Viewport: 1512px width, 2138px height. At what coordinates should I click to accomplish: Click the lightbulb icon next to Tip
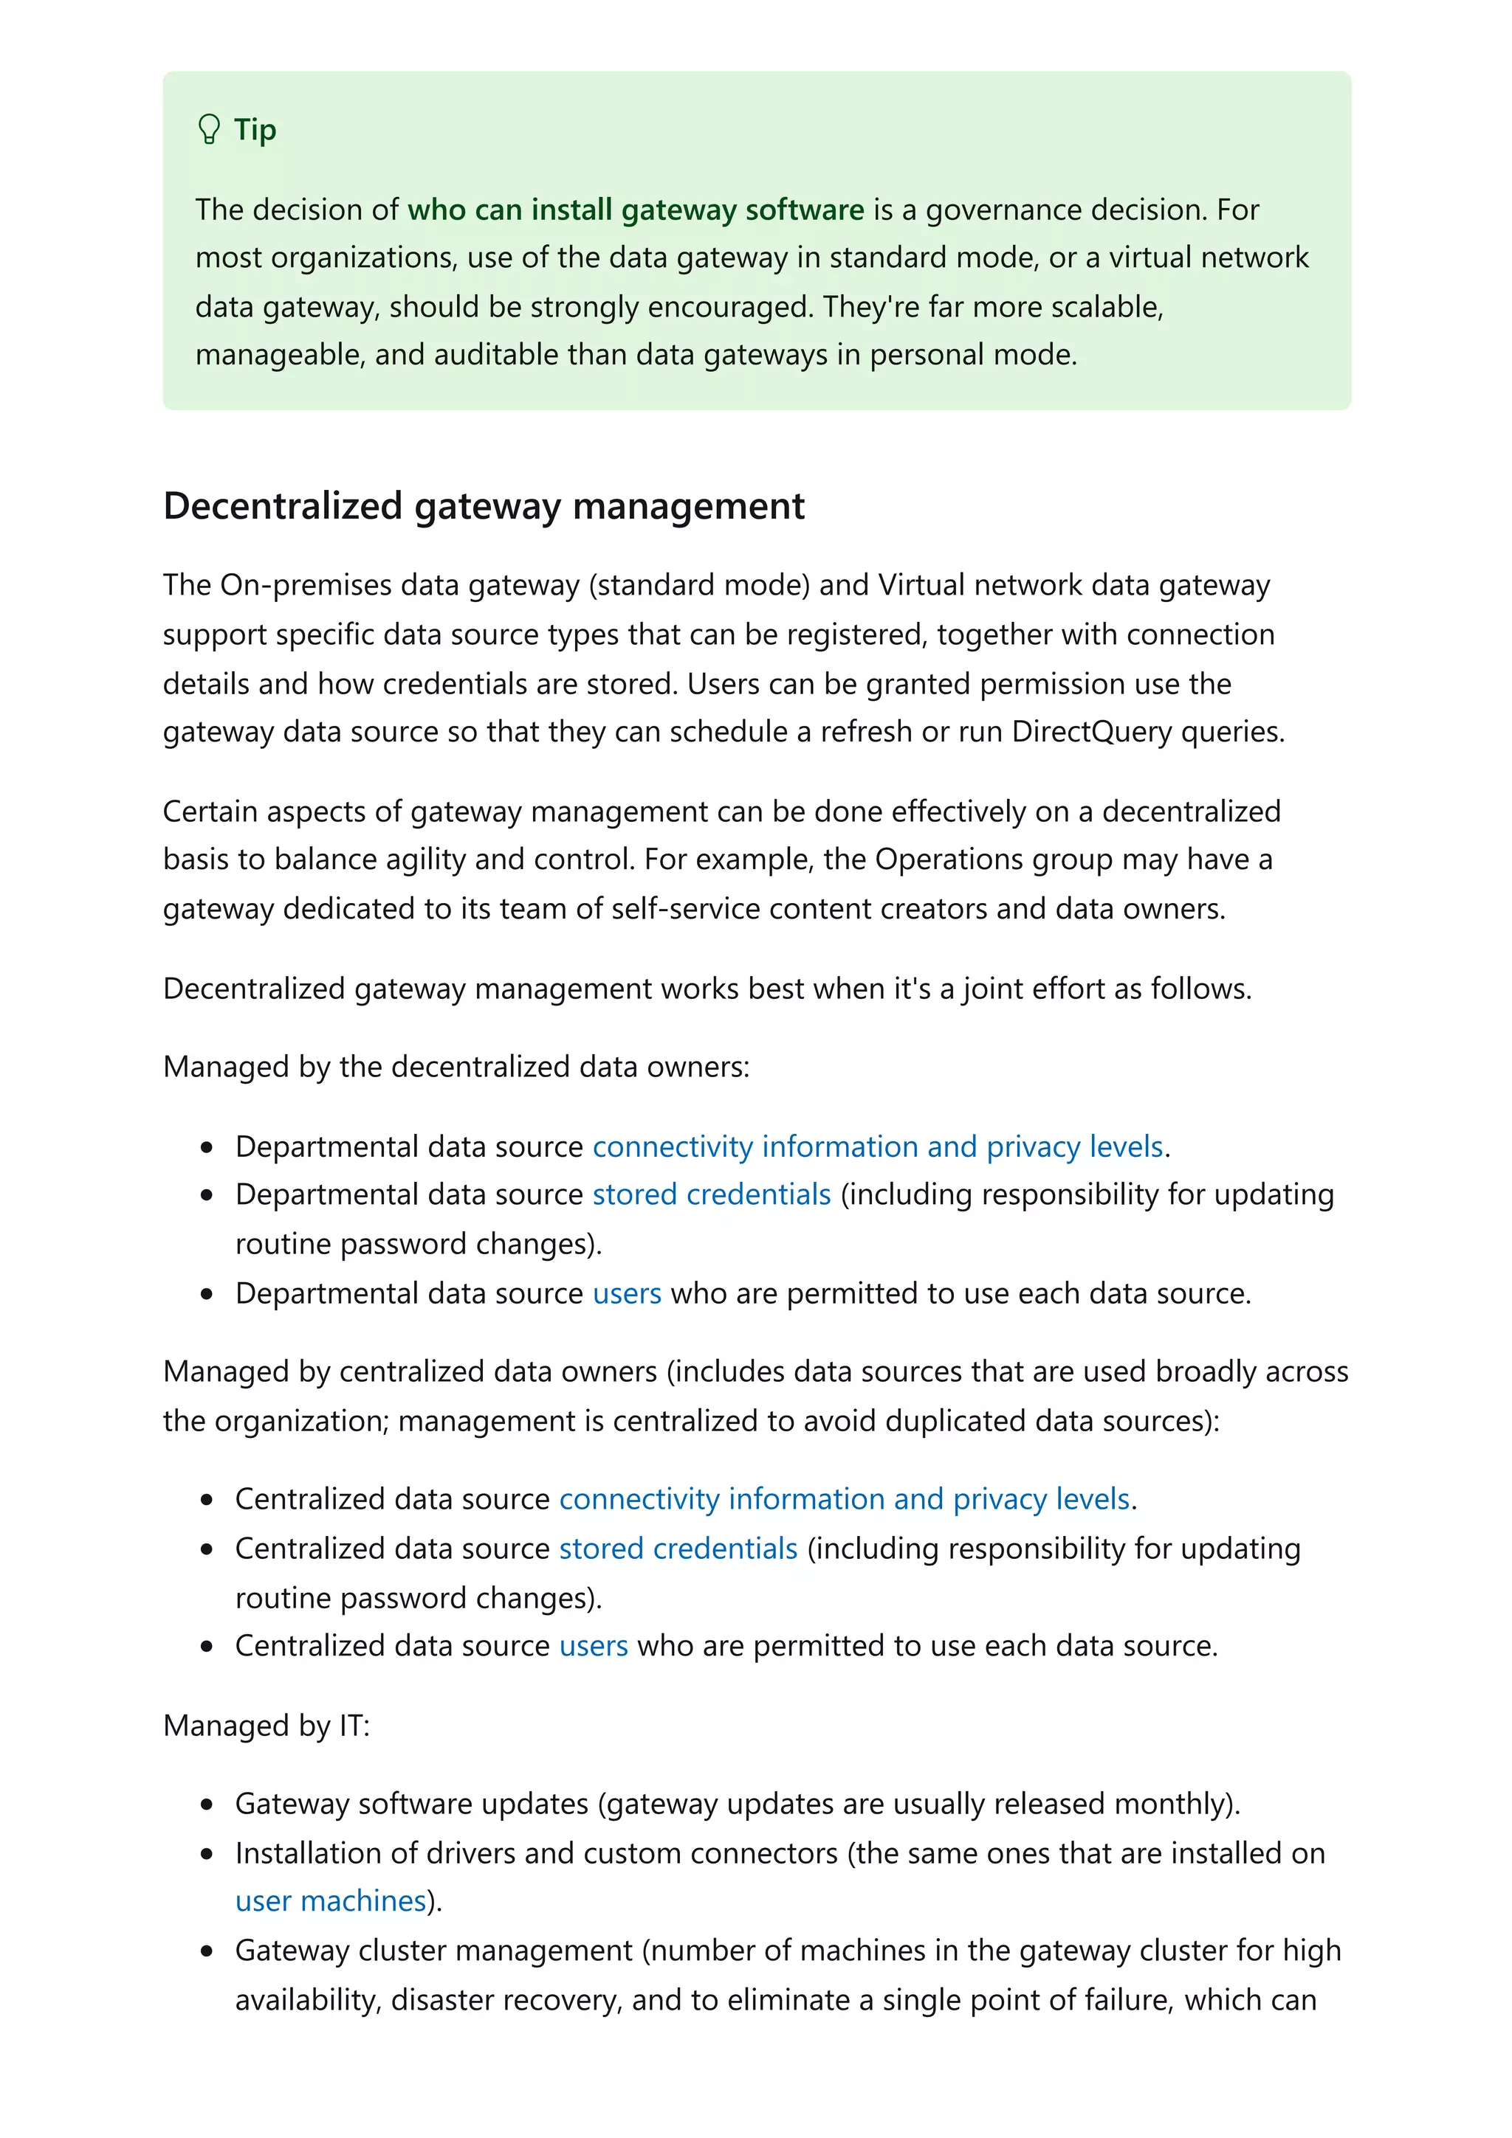[209, 129]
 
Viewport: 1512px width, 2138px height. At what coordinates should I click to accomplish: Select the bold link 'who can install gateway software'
[636, 210]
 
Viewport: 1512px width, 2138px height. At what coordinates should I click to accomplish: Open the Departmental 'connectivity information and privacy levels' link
[878, 1146]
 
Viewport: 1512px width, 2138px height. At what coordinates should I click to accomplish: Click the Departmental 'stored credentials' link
[711, 1194]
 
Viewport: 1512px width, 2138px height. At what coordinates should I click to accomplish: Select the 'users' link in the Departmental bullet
[626, 1293]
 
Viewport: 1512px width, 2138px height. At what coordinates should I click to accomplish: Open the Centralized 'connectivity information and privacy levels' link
[844, 1499]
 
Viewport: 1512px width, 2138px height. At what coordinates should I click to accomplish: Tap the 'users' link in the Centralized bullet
[593, 1647]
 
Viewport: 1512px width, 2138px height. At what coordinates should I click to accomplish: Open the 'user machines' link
[330, 1900]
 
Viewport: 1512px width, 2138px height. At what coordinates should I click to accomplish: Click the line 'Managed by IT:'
[267, 1726]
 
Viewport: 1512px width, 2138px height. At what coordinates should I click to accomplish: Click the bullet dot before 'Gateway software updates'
[206, 1805]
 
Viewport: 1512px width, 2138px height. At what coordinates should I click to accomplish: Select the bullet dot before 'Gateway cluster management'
[206, 1951]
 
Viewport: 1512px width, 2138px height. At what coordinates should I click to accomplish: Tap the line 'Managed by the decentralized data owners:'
[456, 1067]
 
